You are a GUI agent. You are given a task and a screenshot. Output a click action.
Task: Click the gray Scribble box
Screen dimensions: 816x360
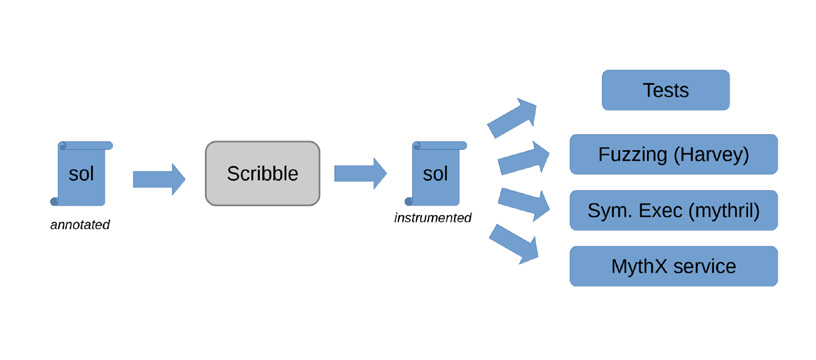tap(262, 173)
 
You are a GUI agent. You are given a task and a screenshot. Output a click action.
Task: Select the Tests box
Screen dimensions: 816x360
tap(666, 90)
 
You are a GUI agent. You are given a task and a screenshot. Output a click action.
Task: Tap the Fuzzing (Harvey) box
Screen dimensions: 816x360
tap(673, 154)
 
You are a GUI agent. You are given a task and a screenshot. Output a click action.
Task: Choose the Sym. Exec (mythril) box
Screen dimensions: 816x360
tap(673, 210)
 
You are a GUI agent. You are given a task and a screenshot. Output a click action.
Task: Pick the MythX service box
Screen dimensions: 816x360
tap(673, 266)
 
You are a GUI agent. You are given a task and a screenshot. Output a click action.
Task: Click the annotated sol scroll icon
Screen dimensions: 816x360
tap(81, 173)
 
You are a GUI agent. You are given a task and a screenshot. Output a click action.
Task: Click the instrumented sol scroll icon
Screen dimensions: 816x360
tap(436, 173)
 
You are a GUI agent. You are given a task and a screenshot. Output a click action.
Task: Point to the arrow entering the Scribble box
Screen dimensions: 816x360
tap(159, 179)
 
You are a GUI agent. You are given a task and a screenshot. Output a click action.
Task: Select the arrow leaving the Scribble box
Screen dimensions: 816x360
tap(360, 173)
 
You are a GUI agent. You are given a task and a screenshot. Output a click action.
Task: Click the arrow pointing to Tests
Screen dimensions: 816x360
tap(511, 119)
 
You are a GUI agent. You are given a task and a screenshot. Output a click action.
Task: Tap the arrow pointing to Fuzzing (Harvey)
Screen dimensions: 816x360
tap(524, 158)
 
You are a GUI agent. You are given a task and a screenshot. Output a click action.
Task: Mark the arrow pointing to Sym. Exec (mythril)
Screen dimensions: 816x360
tap(524, 204)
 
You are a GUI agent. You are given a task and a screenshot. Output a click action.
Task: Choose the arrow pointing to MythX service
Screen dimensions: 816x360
tap(513, 244)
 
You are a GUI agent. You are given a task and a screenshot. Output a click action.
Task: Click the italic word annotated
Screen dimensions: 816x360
tap(80, 225)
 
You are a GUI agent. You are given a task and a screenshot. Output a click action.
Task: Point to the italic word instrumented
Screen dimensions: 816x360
tap(433, 217)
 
